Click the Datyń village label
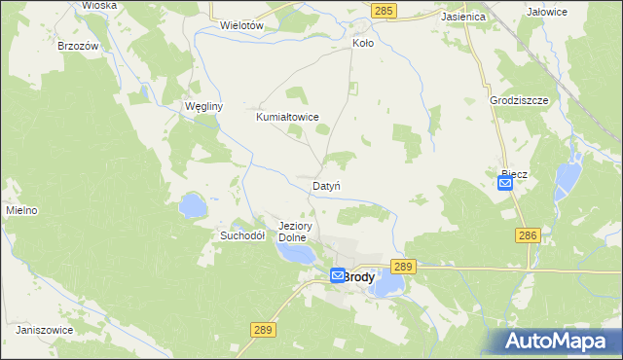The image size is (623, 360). tap(326, 185)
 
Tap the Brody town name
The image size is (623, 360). tap(358, 276)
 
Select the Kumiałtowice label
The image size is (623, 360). tap(287, 117)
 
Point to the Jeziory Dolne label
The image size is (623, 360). tap(293, 231)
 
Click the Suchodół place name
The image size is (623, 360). tap(242, 235)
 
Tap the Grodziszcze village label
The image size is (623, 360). tap(521, 100)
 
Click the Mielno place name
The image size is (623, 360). tap(21, 210)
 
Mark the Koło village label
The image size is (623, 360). tap(362, 44)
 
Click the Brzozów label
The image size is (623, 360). tap(76, 46)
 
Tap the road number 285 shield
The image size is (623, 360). tap(384, 10)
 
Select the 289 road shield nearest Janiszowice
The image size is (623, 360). tap(262, 331)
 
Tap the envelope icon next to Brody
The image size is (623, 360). tap(337, 276)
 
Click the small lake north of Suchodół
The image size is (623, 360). tap(192, 206)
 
